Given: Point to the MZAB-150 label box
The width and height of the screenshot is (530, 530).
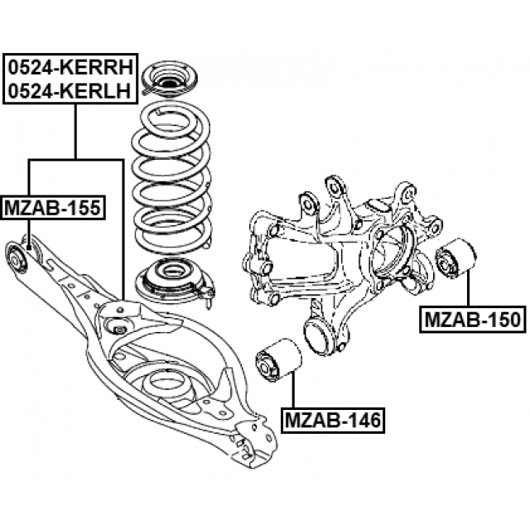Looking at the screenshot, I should click(x=474, y=319).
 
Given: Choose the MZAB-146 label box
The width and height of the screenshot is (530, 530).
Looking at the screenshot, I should click(x=331, y=421).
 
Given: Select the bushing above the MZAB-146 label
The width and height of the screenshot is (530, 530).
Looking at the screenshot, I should click(x=276, y=361).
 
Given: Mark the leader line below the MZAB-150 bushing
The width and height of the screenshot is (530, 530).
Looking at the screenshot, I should click(x=469, y=291).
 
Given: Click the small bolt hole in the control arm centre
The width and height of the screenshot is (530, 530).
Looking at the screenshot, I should click(x=118, y=330).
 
